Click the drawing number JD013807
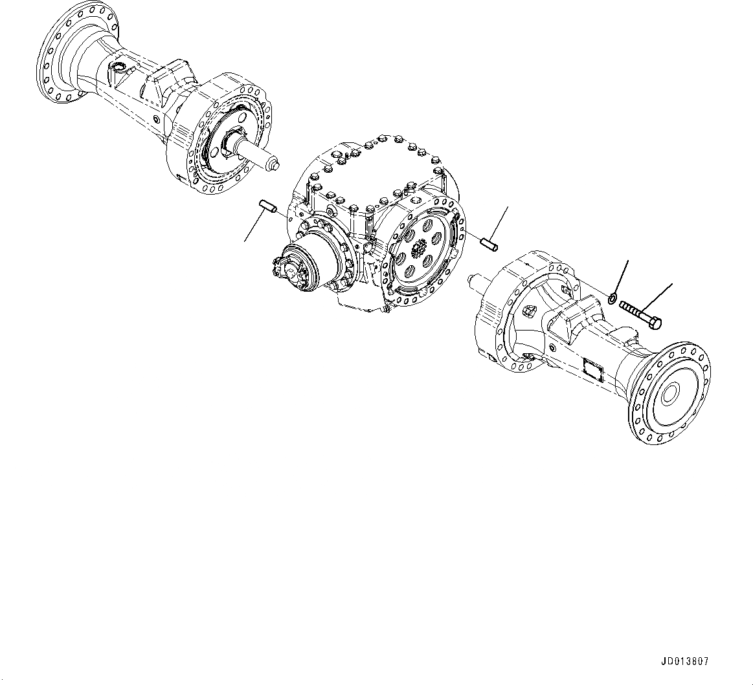684,662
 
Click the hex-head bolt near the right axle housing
640,315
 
